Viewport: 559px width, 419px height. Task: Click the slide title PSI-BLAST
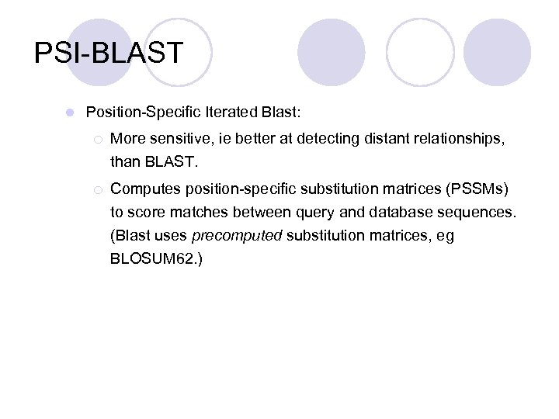point(109,54)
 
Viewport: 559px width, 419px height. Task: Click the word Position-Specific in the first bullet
point(144,113)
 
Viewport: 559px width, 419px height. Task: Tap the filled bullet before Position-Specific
point(70,113)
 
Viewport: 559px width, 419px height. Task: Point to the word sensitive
point(179,140)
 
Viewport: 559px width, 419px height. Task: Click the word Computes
point(144,189)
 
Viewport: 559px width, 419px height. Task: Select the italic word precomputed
point(237,236)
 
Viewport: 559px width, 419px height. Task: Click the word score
point(145,213)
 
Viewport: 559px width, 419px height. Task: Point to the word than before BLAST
point(126,163)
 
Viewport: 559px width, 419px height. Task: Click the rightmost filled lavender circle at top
point(496,54)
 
